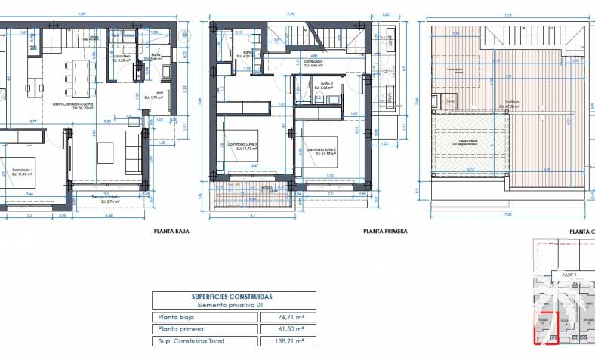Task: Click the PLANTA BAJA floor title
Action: (171, 232)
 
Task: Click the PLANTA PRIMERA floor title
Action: (384, 232)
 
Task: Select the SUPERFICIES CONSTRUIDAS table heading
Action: (232, 297)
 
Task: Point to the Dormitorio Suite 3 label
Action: (243, 145)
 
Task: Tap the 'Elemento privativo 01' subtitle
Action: (232, 306)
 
